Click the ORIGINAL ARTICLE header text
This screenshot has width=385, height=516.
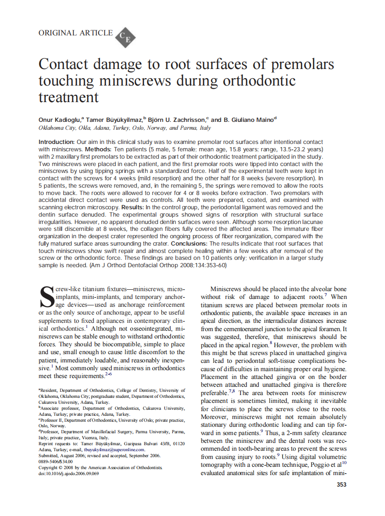(75, 33)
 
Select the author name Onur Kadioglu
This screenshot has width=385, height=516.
(59, 120)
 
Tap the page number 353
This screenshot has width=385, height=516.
(341, 484)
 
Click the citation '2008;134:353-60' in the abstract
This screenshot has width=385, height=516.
(202, 265)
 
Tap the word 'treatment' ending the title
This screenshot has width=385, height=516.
(68, 97)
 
